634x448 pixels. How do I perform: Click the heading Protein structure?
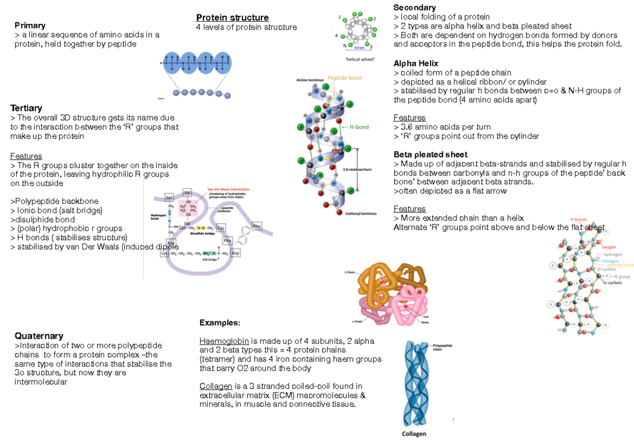coord(232,18)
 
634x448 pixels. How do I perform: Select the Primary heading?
coord(30,25)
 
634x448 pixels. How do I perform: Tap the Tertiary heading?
coord(26,108)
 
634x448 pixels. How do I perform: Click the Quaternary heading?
coord(39,336)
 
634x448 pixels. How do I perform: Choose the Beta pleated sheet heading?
coord(430,154)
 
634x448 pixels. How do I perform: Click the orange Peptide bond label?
coord(345,78)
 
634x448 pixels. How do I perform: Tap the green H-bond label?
coord(359,127)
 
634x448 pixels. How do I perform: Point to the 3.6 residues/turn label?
coord(357,170)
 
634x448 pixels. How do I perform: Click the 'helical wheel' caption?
coord(359,59)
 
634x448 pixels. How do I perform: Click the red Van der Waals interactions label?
coord(228,189)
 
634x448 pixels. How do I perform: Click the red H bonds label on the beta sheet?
coord(579,220)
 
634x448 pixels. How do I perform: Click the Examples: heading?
coord(219,323)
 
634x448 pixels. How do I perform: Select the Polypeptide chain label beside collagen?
coord(444,347)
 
